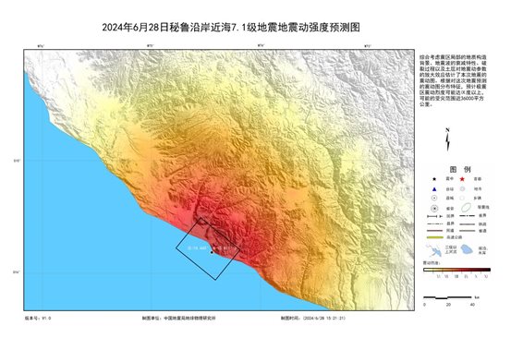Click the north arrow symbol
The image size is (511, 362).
[x=447, y=141]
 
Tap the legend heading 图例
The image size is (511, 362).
[x=447, y=170]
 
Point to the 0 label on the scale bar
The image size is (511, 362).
[x=423, y=305]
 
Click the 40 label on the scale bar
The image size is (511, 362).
[x=472, y=305]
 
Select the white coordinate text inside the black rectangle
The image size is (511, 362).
[x=200, y=247]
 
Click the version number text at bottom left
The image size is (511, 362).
[x=38, y=318]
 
